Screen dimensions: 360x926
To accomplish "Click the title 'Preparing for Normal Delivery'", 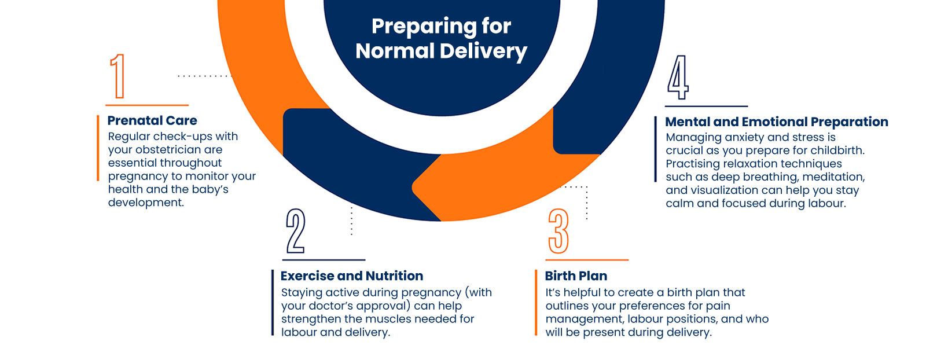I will pos(441,38).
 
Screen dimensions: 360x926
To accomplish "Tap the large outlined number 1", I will pos(118,76).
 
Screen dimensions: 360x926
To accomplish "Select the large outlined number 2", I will pos(295,231).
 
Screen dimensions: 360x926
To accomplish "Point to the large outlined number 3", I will pos(558,232).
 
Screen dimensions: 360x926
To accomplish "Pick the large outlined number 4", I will pos(678,78).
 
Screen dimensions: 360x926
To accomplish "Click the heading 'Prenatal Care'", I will pos(152,120).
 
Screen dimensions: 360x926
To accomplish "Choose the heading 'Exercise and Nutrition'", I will pos(352,276).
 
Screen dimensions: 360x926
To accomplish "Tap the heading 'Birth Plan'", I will pos(576,276).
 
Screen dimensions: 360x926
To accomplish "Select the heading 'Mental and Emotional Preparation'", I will pos(777,122).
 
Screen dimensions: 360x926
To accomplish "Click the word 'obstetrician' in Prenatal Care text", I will pos(168,149).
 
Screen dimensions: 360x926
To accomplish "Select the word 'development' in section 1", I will pos(145,203).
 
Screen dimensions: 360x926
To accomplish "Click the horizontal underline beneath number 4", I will pos(706,106).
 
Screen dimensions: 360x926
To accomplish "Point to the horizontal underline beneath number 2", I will pos(324,260).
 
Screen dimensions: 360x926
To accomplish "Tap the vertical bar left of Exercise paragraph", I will pos(273,303).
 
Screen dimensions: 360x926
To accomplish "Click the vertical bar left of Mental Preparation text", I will pos(656,149).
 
